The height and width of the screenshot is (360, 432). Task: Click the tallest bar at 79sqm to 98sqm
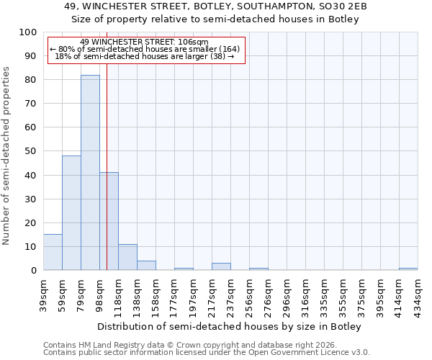click(x=90, y=173)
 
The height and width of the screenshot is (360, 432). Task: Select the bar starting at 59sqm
click(x=71, y=213)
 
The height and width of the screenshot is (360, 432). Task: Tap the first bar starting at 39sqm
click(x=53, y=252)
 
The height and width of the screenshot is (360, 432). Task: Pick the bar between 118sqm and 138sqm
click(x=127, y=257)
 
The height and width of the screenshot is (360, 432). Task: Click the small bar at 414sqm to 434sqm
click(x=408, y=269)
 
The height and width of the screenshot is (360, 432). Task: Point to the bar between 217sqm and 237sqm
click(x=221, y=266)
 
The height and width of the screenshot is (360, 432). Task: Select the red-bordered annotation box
click(x=147, y=50)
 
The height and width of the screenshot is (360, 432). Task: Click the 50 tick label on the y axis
click(x=31, y=151)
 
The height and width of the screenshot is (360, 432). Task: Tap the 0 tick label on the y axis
click(x=34, y=271)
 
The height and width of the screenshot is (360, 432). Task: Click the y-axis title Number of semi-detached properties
click(x=7, y=156)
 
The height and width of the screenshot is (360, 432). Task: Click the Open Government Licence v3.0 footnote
click(x=207, y=353)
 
